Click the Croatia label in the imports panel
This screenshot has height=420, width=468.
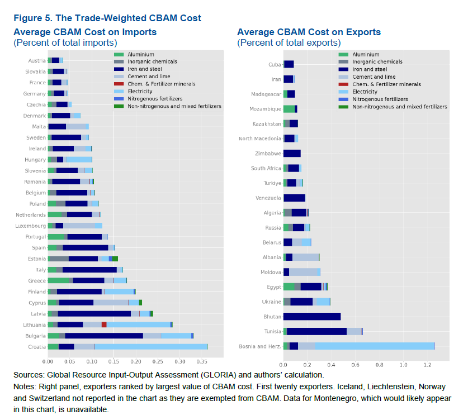click(37, 347)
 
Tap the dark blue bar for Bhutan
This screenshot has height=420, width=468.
click(311, 316)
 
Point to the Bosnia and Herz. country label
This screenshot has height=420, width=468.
click(263, 346)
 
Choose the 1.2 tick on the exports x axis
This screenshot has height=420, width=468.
click(428, 365)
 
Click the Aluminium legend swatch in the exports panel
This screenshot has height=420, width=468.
click(344, 54)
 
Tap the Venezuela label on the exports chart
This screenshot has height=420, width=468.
click(268, 198)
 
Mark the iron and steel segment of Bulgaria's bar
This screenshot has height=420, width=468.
click(104, 336)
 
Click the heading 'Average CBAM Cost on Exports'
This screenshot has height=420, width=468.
click(309, 32)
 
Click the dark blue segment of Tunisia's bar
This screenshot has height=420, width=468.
click(316, 331)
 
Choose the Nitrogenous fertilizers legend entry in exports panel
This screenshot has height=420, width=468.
click(380, 99)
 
